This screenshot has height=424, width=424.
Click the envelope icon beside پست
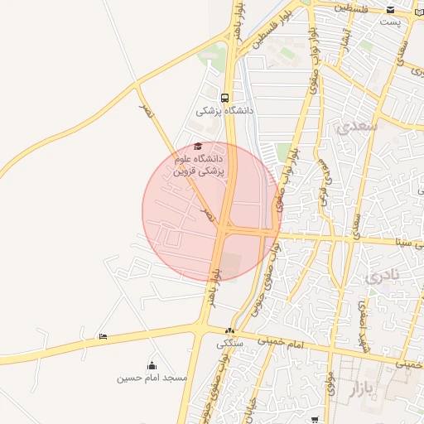pyautogui.click(x=390, y=10)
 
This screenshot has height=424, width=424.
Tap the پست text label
pyautogui.click(x=390, y=22)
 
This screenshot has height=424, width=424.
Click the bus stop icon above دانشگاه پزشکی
pyautogui.click(x=225, y=97)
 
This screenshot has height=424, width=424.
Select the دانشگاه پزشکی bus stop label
pyautogui.click(x=225, y=110)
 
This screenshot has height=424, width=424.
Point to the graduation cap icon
pyautogui.click(x=197, y=147)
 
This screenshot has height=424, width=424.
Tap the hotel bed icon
pyautogui.click(x=103, y=335)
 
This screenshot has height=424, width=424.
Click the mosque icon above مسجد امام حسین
pyautogui.click(x=152, y=365)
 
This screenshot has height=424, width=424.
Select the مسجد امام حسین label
pyautogui.click(x=152, y=378)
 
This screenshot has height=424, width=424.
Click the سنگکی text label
pyautogui.click(x=229, y=343)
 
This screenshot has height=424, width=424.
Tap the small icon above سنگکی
pyautogui.click(x=229, y=331)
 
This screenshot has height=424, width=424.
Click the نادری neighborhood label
pyautogui.click(x=382, y=274)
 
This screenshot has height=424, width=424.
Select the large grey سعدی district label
pyautogui.click(x=357, y=126)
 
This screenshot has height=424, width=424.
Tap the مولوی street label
pyautogui.click(x=330, y=383)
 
